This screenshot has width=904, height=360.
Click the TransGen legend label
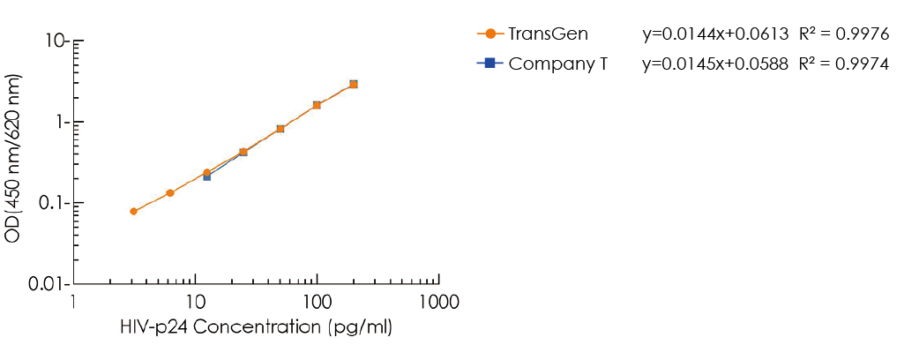pyautogui.click(x=548, y=34)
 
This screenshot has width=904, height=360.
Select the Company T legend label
pyautogui.click(x=557, y=64)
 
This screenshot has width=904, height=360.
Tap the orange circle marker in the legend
pyautogui.click(x=490, y=34)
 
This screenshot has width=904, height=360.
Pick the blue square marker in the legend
pyautogui.click(x=490, y=64)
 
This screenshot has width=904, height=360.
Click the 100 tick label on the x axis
pyautogui.click(x=317, y=302)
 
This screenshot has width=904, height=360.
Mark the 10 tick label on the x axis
pyautogui.click(x=196, y=302)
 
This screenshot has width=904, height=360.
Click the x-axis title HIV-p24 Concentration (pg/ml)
pyautogui.click(x=256, y=327)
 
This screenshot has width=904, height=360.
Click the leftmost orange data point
pyautogui.click(x=133, y=212)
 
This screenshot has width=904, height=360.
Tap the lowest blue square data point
pyautogui.click(x=207, y=177)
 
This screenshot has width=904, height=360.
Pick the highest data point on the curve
pyautogui.click(x=353, y=84)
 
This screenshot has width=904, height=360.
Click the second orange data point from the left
pyautogui.click(x=170, y=192)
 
